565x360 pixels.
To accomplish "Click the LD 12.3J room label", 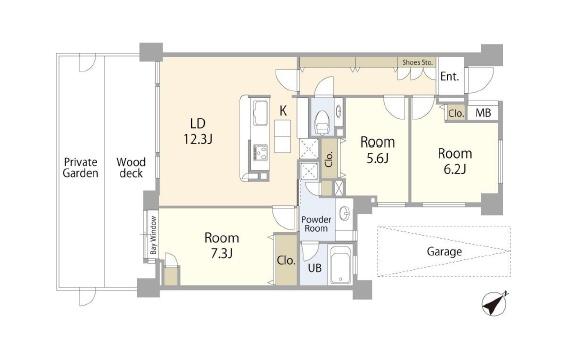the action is [x=198, y=131].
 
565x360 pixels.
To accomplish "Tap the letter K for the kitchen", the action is [x=283, y=111].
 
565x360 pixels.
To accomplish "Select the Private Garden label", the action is [x=80, y=168].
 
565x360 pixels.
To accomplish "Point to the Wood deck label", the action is [x=131, y=168].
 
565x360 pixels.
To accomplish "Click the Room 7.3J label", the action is [x=222, y=246].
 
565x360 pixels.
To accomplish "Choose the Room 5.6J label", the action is [x=378, y=150].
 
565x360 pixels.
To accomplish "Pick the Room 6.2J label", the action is [x=455, y=161].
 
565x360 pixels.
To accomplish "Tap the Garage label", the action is [x=444, y=252].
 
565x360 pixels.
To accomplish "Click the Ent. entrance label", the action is [x=450, y=77].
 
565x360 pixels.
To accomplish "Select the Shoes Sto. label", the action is [x=417, y=62].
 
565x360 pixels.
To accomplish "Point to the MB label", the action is [x=483, y=113].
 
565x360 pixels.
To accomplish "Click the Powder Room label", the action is [x=316, y=224].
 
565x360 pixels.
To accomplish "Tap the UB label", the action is [x=315, y=268].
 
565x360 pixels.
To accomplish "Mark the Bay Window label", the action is [x=154, y=235].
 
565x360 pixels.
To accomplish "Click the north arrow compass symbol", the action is [x=494, y=303].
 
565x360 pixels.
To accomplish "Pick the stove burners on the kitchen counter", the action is [x=260, y=152].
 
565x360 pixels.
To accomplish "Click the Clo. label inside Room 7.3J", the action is [x=286, y=260].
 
